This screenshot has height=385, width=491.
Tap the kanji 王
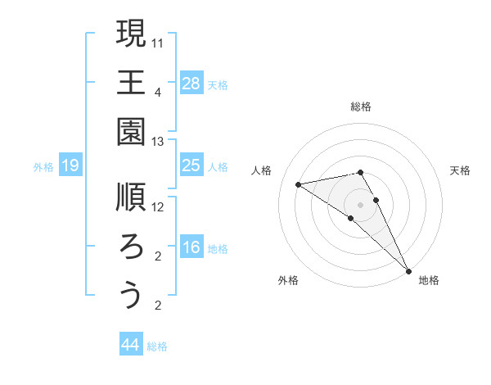coord(131,82)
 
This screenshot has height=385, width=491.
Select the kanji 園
coord(131,131)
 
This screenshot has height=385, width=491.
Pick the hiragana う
coord(131,296)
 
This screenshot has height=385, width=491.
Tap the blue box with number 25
coord(191,165)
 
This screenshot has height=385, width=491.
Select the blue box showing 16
coord(191,247)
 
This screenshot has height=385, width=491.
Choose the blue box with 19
coord(70,165)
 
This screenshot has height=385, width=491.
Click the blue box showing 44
coord(130,345)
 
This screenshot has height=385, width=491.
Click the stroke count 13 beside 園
coord(158,141)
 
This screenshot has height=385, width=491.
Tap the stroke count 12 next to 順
coord(158,206)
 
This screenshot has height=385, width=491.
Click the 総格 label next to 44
coord(158,347)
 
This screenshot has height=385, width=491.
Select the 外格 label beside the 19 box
coord(43,167)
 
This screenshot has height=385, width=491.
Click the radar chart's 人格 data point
coord(299,184)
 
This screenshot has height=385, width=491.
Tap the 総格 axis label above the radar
coord(361,106)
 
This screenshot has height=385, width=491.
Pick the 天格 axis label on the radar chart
coord(460,170)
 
